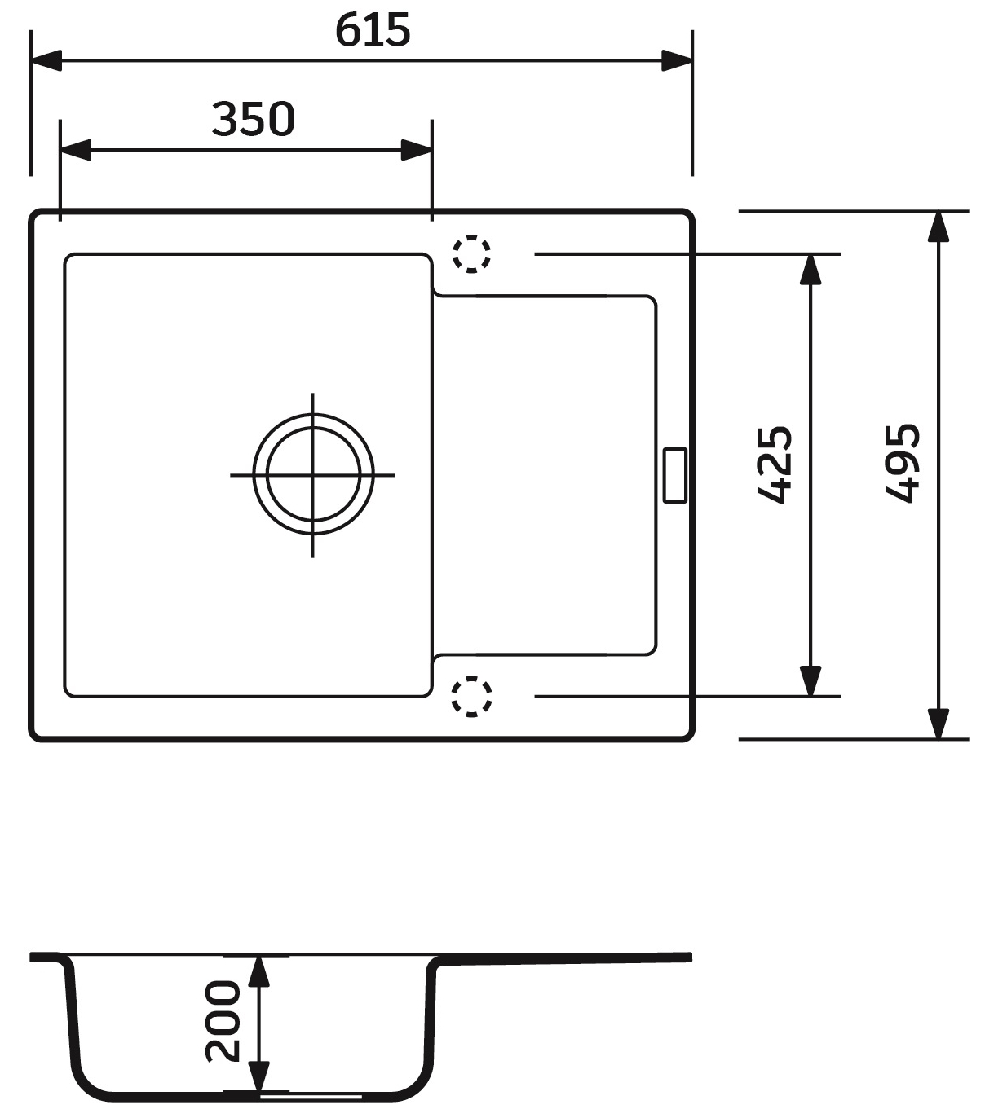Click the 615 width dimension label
(373, 31)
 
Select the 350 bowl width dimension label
(253, 119)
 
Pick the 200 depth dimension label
(223, 1020)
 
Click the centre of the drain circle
(313, 474)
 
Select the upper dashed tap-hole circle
(471, 253)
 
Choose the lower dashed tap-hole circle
(471, 697)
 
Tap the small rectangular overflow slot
(675, 475)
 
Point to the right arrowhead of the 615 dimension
(677, 60)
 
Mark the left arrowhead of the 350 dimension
(75, 150)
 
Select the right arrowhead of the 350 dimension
(416, 150)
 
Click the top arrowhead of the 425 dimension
(810, 269)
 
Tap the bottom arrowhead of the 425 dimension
(810, 681)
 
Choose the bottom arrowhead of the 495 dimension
(939, 724)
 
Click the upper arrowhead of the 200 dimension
(258, 971)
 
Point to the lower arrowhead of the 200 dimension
(258, 1077)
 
